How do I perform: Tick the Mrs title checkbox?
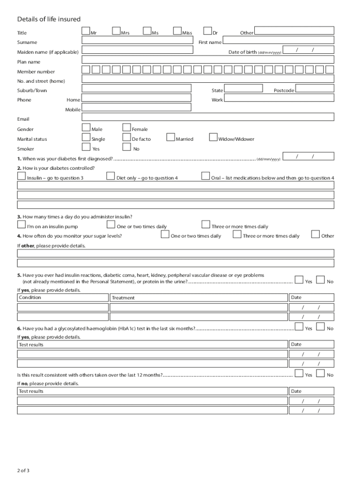point(116,31)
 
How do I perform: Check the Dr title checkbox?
point(208,31)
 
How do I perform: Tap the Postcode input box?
point(315,88)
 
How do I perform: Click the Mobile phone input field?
point(137,107)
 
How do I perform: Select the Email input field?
point(208,117)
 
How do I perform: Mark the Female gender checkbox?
point(126,127)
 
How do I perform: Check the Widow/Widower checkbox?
point(213,137)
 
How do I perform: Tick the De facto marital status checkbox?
point(126,137)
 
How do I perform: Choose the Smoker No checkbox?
point(126,147)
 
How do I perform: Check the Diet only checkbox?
point(111,176)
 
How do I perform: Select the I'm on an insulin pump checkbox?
point(22,225)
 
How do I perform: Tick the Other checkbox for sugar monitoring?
point(316,234)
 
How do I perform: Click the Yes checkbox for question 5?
point(299,280)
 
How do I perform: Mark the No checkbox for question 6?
point(321,327)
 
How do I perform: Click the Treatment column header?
point(123,298)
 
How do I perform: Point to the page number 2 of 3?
point(23,470)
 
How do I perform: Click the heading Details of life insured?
point(49,19)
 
